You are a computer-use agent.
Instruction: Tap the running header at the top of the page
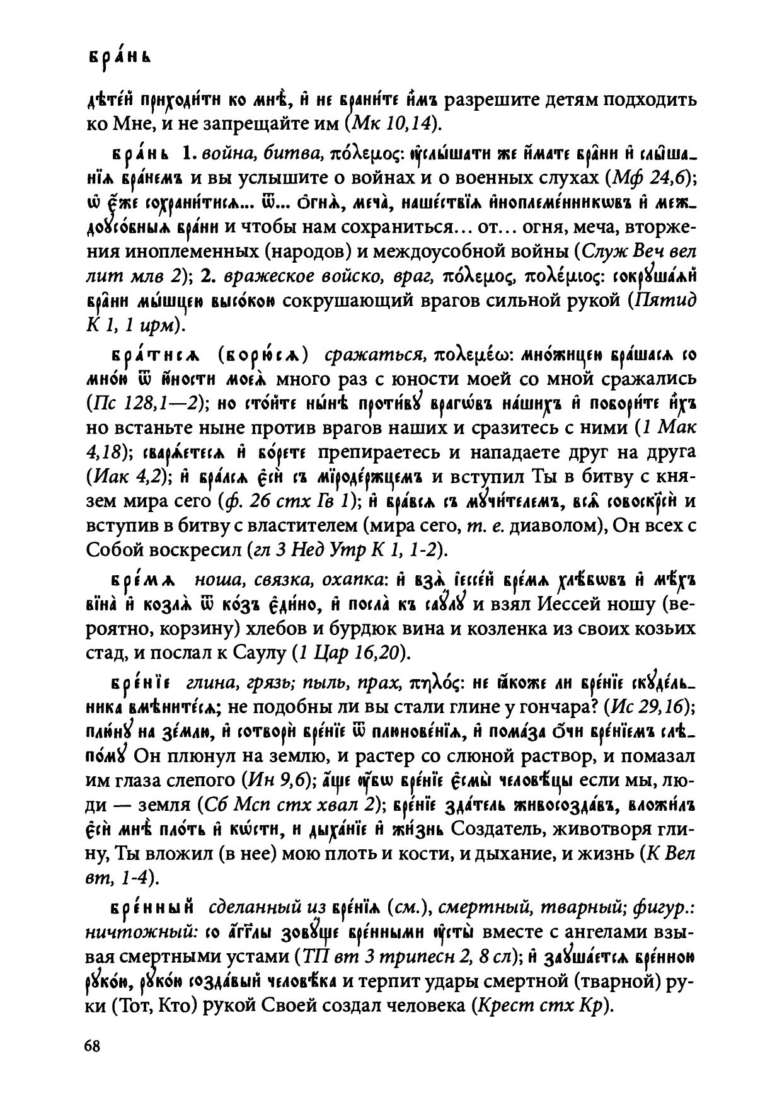click(120, 57)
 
